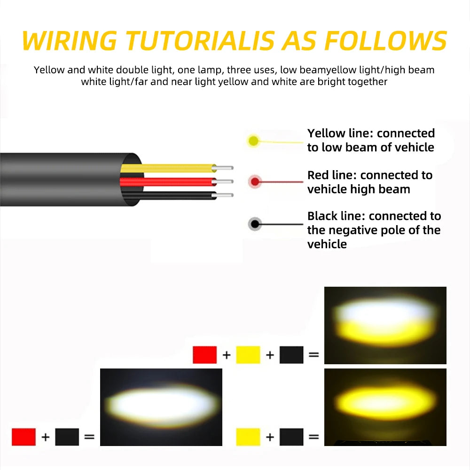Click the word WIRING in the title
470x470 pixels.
coord(69,40)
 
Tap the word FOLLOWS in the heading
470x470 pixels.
coord(386,40)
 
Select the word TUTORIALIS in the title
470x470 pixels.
coord(200,40)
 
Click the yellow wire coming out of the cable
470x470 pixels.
coord(168,168)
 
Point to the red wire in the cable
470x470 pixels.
coord(168,181)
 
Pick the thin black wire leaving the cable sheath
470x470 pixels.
coord(169,196)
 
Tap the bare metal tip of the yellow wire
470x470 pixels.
coord(224,168)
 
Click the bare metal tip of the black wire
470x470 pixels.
coord(224,196)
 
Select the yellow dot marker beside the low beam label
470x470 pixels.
coord(254,141)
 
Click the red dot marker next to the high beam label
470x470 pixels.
coord(255,181)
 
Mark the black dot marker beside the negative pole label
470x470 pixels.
coord(255,224)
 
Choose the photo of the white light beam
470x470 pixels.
coord(161,407)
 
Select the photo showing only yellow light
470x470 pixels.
coord(385,407)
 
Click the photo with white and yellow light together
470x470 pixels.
coord(385,325)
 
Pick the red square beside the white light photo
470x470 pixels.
coord(23,437)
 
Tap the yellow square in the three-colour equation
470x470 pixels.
coord(248,355)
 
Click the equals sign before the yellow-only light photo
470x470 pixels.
coord(313,437)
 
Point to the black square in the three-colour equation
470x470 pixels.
coord(291,355)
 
